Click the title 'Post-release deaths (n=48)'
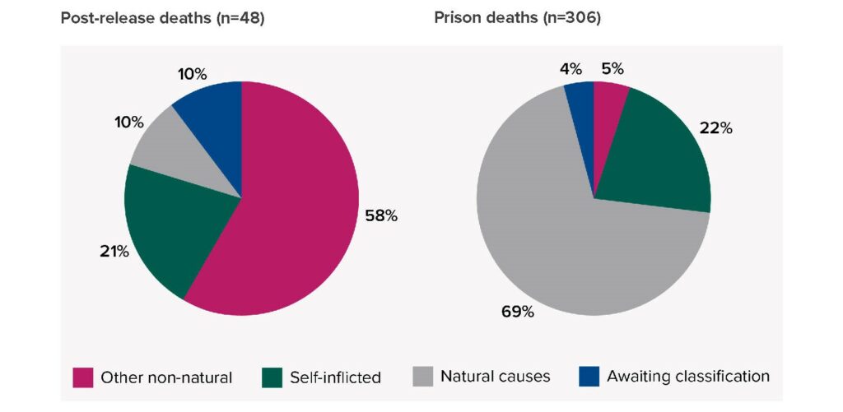(x=162, y=18)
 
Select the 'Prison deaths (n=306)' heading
(x=517, y=18)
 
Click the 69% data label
(x=518, y=312)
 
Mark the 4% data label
(x=571, y=68)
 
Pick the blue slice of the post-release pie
(x=214, y=119)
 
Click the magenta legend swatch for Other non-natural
(x=82, y=377)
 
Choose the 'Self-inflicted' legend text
(x=335, y=377)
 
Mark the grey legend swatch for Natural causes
(x=421, y=377)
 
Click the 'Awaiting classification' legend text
(x=688, y=377)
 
